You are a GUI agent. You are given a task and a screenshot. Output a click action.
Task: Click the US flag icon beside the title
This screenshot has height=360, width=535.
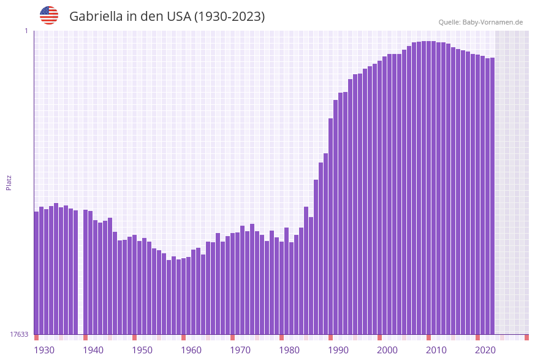point(49,15)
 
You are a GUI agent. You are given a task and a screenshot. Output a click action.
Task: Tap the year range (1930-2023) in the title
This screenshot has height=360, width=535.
point(229,17)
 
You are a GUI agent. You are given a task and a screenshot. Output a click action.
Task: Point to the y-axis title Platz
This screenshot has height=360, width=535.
point(9,182)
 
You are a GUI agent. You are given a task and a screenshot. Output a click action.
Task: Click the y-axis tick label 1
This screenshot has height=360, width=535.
point(26,31)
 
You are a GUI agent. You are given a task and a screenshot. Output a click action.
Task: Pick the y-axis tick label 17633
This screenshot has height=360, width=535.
point(19,334)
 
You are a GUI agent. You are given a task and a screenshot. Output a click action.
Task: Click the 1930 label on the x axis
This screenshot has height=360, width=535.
point(44,350)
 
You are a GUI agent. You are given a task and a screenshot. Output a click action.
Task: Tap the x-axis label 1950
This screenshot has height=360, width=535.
point(142,350)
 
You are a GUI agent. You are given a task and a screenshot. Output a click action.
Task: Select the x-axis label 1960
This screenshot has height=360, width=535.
point(191,350)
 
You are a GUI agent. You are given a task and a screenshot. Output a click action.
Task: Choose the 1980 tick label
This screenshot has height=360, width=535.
point(289,350)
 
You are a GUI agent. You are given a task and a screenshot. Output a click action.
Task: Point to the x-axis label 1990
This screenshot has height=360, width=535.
point(338,350)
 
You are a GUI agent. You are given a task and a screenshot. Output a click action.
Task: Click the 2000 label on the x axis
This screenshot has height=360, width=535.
point(387,350)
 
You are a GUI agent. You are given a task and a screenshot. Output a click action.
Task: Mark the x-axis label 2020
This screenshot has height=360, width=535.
point(485,350)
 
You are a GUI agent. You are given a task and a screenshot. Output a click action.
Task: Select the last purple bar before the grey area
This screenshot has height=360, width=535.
point(492,196)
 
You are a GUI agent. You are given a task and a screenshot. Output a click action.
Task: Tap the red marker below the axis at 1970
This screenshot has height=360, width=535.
point(232,337)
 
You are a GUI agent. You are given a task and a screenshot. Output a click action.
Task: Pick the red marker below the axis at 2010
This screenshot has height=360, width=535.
point(428,337)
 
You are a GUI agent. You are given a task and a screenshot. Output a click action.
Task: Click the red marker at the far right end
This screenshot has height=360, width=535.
point(526,337)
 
